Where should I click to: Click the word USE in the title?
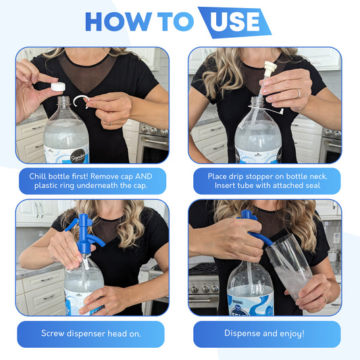tap(234, 22)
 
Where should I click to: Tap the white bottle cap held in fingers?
tap(58, 86)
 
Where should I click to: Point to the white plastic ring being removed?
tap(81, 102)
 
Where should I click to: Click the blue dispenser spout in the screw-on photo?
tap(96, 240)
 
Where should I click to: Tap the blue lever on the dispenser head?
tap(72, 225)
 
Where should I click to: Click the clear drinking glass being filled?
tap(290, 267)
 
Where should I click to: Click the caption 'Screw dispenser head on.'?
tap(91, 334)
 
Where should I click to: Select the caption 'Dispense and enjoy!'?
tap(265, 334)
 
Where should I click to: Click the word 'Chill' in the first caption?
tap(38, 176)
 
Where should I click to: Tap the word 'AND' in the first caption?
tap(144, 176)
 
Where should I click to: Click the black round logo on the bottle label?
tap(78, 156)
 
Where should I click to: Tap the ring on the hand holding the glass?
tap(324, 299)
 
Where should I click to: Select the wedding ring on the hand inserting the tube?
tap(299, 93)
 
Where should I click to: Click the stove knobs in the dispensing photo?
tap(204, 288)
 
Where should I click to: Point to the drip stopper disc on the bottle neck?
tap(266, 109)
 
